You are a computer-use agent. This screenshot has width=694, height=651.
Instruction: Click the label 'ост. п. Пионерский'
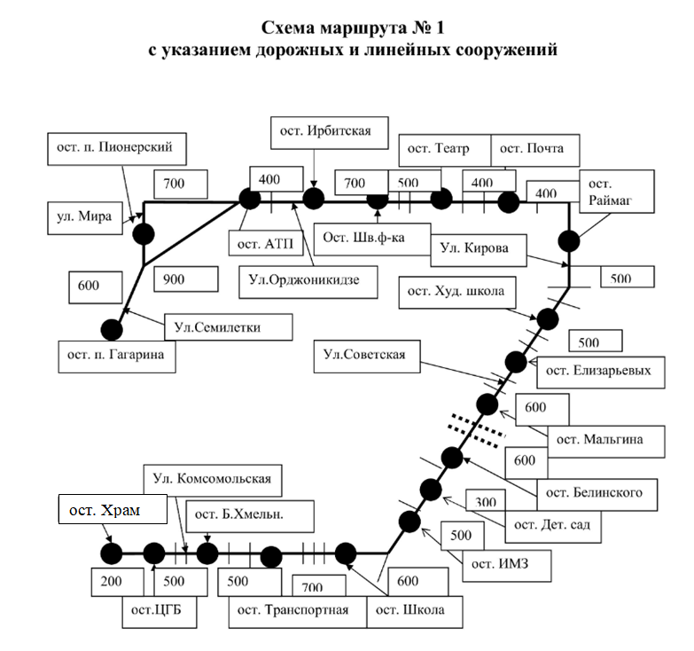[x=117, y=147]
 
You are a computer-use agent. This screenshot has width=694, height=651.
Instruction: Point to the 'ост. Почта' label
[x=534, y=149]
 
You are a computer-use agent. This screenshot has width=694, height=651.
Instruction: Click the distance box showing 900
[x=184, y=278]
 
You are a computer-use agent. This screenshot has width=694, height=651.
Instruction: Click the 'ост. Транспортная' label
[x=295, y=609]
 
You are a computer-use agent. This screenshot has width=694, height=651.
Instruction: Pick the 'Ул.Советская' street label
[x=365, y=356]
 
